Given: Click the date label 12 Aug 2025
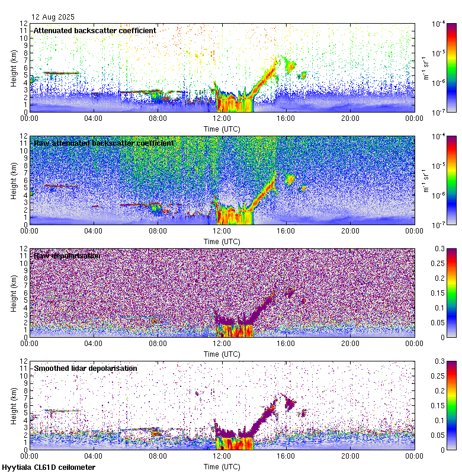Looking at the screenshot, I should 53,17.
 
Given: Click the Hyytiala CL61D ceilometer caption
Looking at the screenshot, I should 48,468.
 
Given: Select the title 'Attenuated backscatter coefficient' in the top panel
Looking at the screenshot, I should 95,30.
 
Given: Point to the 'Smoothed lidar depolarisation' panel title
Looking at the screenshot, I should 85,369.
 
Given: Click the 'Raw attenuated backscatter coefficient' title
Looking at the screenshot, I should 104,143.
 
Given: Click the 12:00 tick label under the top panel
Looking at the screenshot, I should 222,118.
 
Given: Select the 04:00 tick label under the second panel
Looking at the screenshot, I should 94,230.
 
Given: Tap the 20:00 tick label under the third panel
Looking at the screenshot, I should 350,343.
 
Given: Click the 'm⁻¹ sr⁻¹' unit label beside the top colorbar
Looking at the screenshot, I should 425,67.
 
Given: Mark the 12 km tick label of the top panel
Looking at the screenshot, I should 23,24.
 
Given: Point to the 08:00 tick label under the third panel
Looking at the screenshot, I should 158,343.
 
